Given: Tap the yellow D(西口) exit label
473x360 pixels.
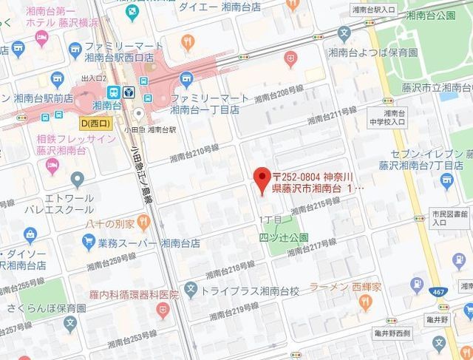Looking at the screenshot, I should (95, 122).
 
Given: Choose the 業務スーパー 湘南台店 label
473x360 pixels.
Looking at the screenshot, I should (137, 243).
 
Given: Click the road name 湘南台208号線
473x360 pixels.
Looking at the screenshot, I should (279, 93).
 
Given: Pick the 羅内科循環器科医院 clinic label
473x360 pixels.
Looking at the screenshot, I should (133, 294).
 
